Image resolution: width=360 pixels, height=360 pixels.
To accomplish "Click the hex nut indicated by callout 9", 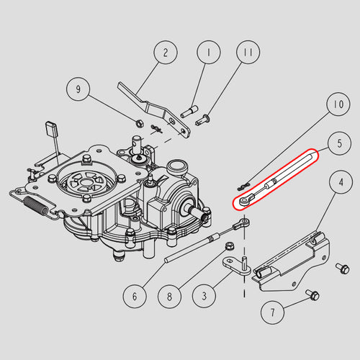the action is [139, 124].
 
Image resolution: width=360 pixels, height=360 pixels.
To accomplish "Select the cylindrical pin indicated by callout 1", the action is [189, 112].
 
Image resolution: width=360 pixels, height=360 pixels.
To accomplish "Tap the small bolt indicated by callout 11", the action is [203, 120].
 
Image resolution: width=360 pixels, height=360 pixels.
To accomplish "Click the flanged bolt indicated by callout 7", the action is [312, 294].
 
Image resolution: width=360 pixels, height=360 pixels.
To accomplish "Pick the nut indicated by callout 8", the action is [230, 246].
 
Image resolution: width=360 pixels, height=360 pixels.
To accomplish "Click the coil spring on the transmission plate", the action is [37, 204].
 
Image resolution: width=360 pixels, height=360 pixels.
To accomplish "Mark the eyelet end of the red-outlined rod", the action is [243, 201].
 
